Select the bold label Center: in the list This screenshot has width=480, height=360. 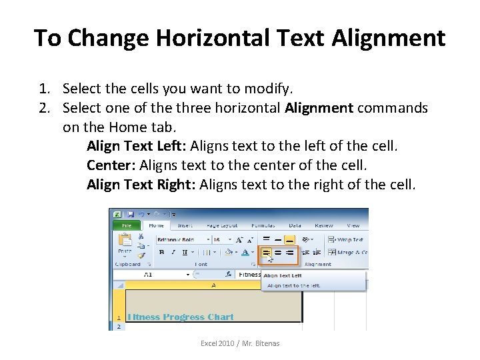pos(111,165)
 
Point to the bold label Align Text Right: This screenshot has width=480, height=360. pos(141,184)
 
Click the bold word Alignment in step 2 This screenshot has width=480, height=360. pos(319,108)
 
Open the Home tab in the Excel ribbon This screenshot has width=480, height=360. pos(156,225)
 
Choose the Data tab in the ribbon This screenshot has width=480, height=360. pos(295,225)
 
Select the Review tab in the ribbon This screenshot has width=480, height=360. pos(324,225)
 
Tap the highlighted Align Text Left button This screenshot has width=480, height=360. pos(266,253)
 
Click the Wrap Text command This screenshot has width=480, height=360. pos(349,239)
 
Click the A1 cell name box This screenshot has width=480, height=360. pos(148,274)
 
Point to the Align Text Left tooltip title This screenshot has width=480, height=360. pos(283,275)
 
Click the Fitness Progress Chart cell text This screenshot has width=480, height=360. pos(181,317)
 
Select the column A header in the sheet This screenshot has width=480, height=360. pos(213,285)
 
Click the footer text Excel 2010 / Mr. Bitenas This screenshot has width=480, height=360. pos(240,343)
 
